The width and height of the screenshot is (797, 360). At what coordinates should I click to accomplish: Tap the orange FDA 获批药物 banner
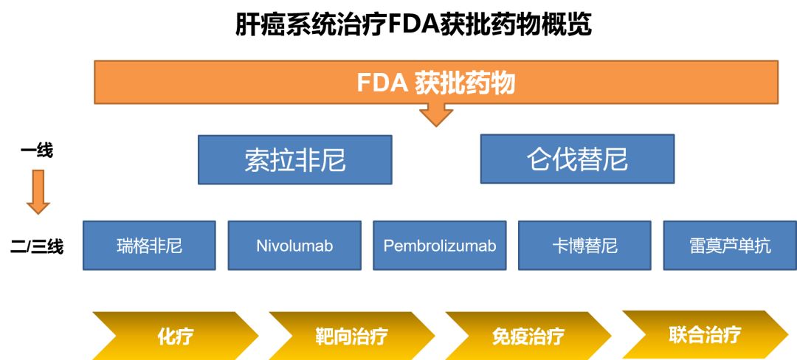coord(435,82)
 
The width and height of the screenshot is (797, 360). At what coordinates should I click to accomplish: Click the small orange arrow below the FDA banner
coord(435,114)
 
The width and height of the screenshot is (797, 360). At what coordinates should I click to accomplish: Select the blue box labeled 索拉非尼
coord(294,159)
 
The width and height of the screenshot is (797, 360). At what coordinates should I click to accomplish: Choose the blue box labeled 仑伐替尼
coord(577,159)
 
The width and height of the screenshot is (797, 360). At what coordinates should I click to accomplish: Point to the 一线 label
coord(37,150)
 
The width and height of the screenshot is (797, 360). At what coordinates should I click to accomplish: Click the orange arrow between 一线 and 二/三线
coord(38,191)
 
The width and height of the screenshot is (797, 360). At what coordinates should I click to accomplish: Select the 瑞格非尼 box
coord(149,246)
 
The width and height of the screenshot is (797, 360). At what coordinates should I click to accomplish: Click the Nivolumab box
coord(294,246)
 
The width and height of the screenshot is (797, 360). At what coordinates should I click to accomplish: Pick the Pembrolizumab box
coord(440,246)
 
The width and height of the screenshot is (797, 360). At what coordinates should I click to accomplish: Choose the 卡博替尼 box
coord(584,246)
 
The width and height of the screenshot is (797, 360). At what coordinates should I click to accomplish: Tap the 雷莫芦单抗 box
coord(730,246)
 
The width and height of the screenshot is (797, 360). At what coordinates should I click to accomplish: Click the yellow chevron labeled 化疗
coord(175,336)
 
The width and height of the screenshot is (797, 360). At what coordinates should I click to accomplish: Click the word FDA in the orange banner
coord(382,83)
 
